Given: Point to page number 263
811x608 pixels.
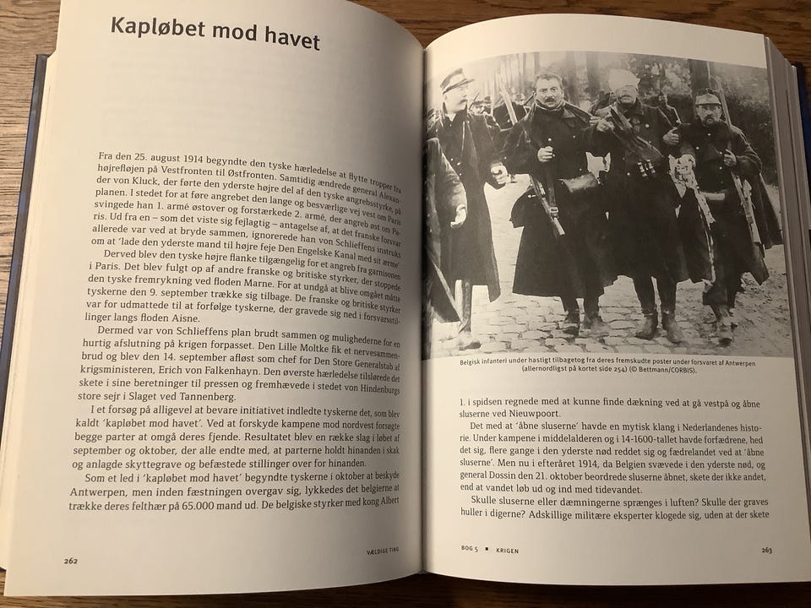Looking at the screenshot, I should (766, 551).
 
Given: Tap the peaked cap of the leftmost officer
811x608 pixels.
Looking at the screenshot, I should (456, 81).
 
